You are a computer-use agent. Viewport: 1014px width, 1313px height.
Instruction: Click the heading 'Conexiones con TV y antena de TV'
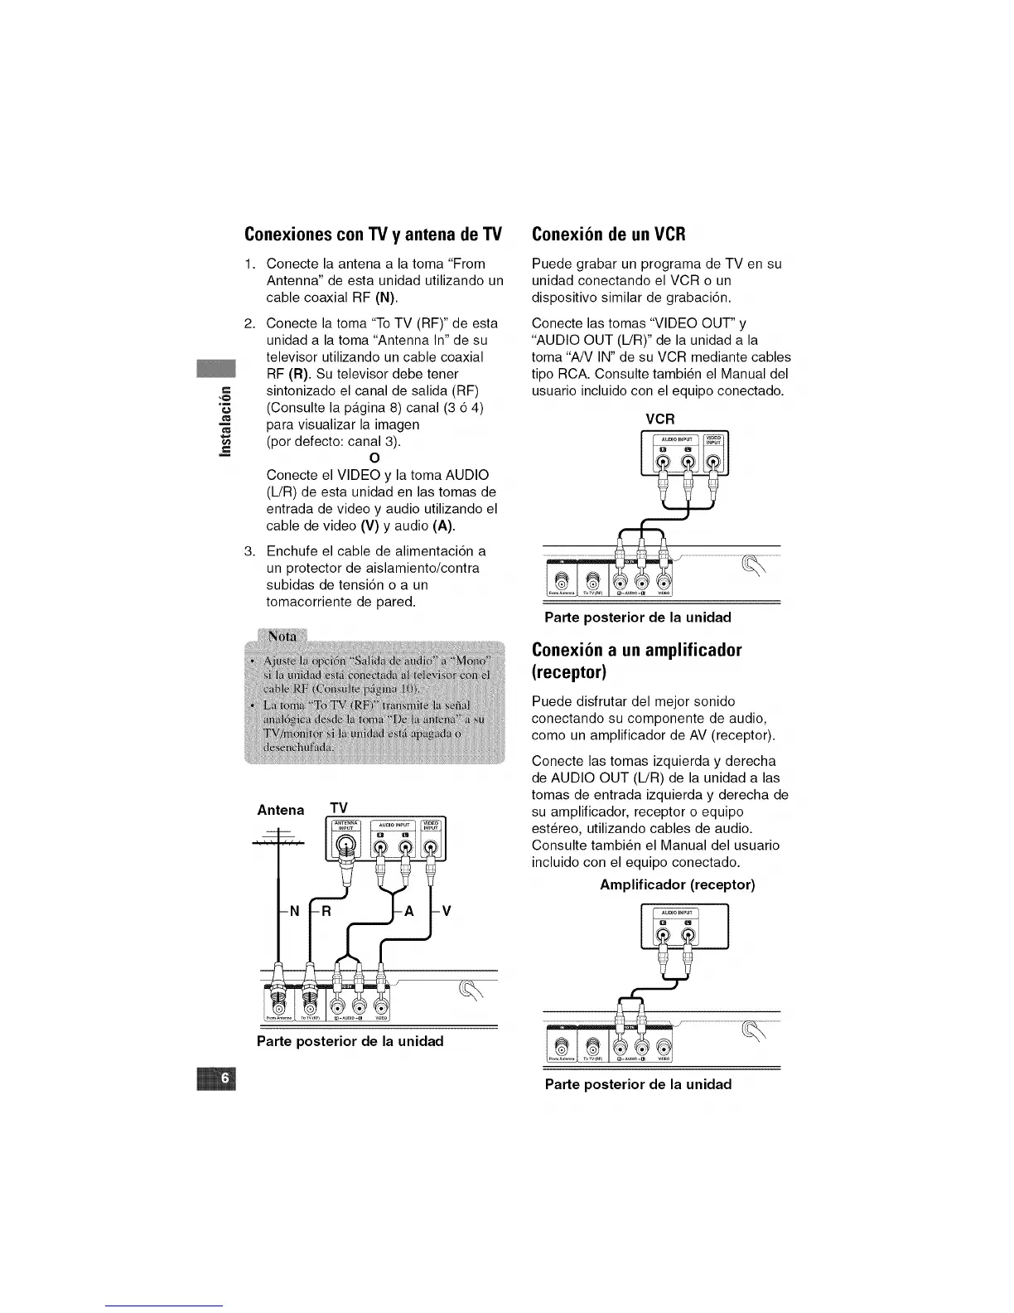[374, 235]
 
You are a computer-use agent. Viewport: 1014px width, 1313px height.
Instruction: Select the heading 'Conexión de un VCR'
[608, 234]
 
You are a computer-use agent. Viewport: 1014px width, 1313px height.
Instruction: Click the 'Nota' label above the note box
[282, 637]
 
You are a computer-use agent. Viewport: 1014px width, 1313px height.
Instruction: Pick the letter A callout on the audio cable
[408, 912]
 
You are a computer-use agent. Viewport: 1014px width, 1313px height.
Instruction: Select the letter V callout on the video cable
[446, 912]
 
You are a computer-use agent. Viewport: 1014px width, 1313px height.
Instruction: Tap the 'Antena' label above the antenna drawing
[280, 810]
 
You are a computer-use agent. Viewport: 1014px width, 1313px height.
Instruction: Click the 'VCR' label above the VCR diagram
[660, 419]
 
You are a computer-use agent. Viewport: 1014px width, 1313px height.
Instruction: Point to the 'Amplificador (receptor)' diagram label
[677, 884]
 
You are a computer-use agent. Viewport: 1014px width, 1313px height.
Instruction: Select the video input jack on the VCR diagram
[714, 462]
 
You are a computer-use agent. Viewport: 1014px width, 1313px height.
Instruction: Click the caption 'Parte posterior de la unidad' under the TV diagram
[350, 1041]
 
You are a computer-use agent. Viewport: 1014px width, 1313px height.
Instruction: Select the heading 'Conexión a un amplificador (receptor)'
[636, 660]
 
